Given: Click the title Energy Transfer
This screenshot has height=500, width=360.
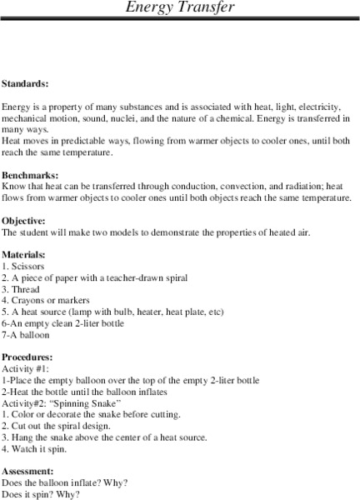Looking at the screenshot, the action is pos(180,7).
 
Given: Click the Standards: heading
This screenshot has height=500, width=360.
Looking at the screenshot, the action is pos(25,84).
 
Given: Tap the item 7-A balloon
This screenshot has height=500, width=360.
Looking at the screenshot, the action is pos(26,335).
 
